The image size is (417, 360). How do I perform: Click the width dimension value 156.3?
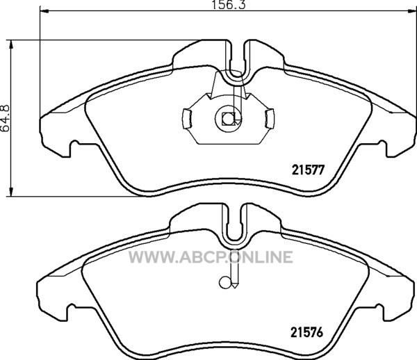pyautogui.click(x=228, y=5)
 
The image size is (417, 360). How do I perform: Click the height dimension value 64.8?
pyautogui.click(x=5, y=118)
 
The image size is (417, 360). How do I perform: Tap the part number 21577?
pyautogui.click(x=308, y=170)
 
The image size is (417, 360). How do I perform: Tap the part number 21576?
pyautogui.click(x=306, y=332)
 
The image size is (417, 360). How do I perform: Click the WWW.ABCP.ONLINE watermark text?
pyautogui.click(x=211, y=257)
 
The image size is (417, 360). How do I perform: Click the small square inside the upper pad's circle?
pyautogui.click(x=228, y=119)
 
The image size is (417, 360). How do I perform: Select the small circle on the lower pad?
pyautogui.click(x=224, y=283)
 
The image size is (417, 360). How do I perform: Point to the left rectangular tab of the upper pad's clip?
pyautogui.click(x=187, y=119)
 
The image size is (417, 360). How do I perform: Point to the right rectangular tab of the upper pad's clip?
pyautogui.click(x=270, y=119)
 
